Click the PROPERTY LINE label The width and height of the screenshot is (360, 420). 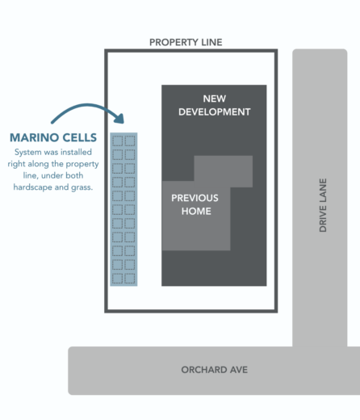(186, 42)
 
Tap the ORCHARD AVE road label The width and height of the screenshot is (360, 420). (215, 370)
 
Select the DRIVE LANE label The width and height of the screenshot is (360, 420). (323, 205)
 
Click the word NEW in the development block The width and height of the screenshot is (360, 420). (215, 99)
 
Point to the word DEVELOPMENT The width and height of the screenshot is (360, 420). (215, 111)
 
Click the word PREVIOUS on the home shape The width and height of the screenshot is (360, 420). (195, 198)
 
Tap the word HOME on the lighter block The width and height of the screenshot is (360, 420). (196, 211)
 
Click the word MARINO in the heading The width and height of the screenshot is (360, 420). (34, 137)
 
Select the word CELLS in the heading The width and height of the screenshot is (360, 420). (80, 137)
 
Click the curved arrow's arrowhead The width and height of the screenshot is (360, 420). (119, 119)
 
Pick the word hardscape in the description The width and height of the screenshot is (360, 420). (33, 187)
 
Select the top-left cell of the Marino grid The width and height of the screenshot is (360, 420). (117, 141)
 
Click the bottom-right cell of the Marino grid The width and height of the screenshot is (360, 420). (130, 278)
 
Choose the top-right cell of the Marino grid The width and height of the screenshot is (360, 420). (130, 141)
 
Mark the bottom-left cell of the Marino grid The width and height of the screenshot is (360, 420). (117, 278)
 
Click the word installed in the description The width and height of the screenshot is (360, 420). (76, 152)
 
